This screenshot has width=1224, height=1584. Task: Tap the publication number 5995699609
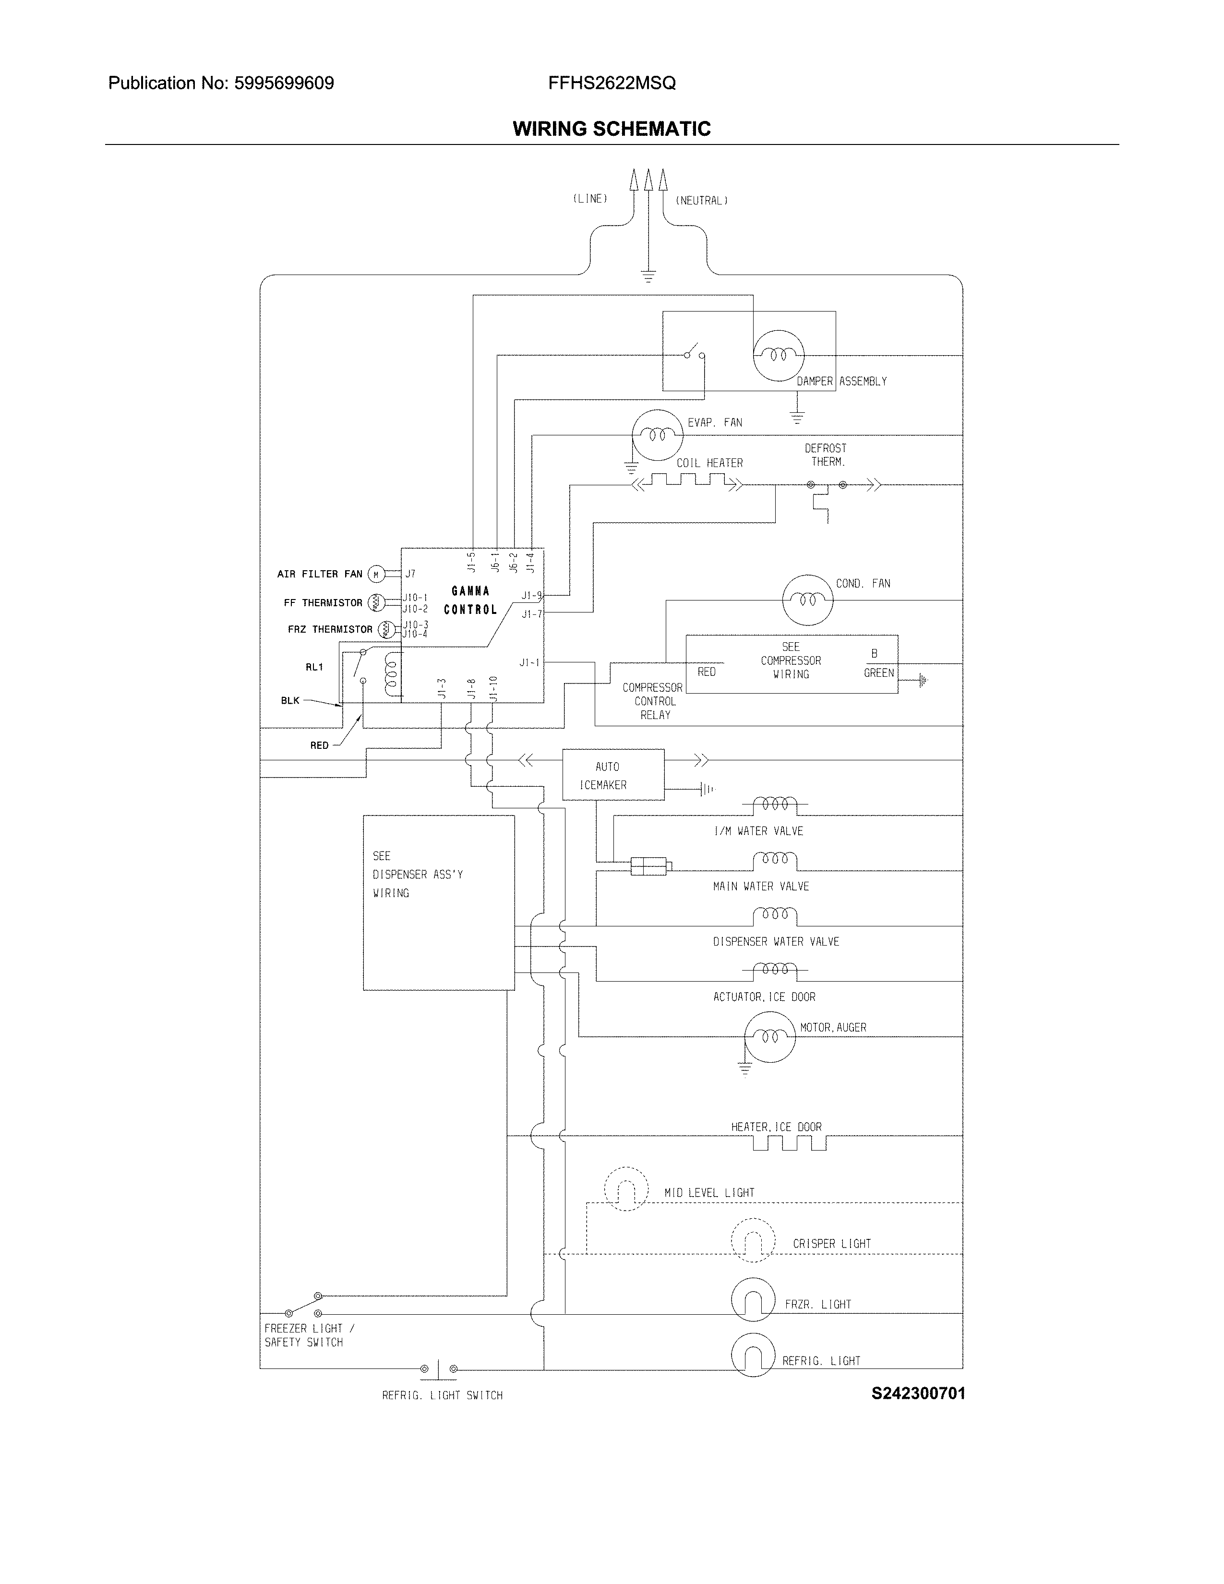pos(284,84)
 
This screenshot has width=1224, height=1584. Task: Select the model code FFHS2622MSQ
pos(612,84)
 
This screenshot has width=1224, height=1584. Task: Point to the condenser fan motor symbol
pos(807,600)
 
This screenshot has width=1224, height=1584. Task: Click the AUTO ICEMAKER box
pos(613,775)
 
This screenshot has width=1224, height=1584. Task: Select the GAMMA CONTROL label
pos(470,600)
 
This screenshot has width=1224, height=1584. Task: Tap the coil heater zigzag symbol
pos(687,481)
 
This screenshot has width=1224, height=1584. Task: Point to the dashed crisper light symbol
pos(753,1240)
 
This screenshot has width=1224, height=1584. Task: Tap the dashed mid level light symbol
pos(626,1189)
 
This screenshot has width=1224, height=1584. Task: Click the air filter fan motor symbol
pos(376,575)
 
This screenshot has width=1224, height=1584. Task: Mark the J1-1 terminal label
pos(529,662)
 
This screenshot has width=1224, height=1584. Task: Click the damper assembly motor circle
pos(778,355)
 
